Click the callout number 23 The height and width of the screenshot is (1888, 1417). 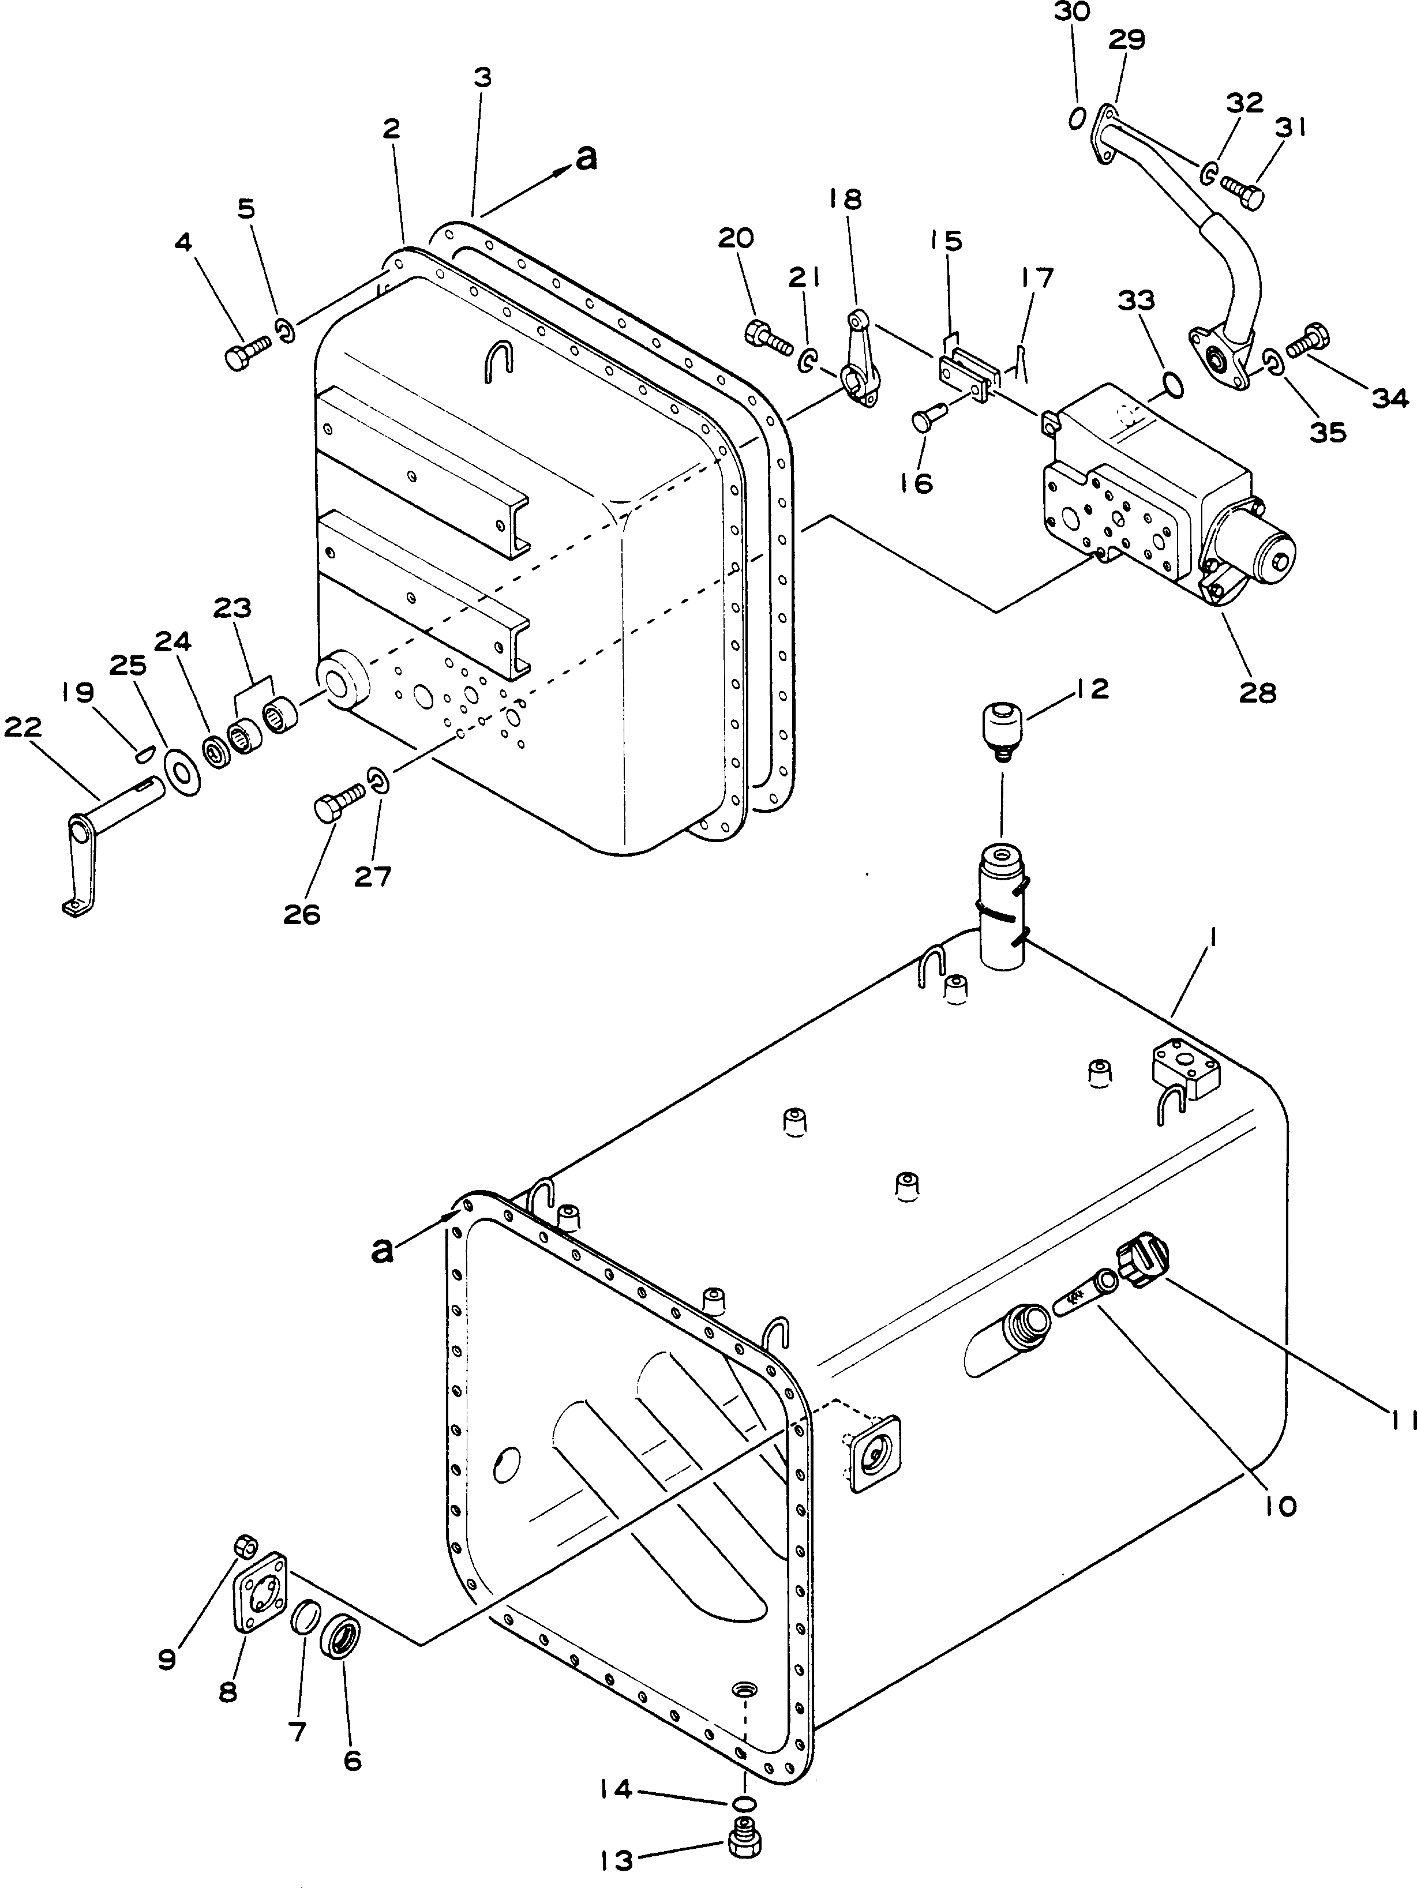[x=232, y=609]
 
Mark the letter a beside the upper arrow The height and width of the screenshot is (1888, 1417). [x=586, y=158]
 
